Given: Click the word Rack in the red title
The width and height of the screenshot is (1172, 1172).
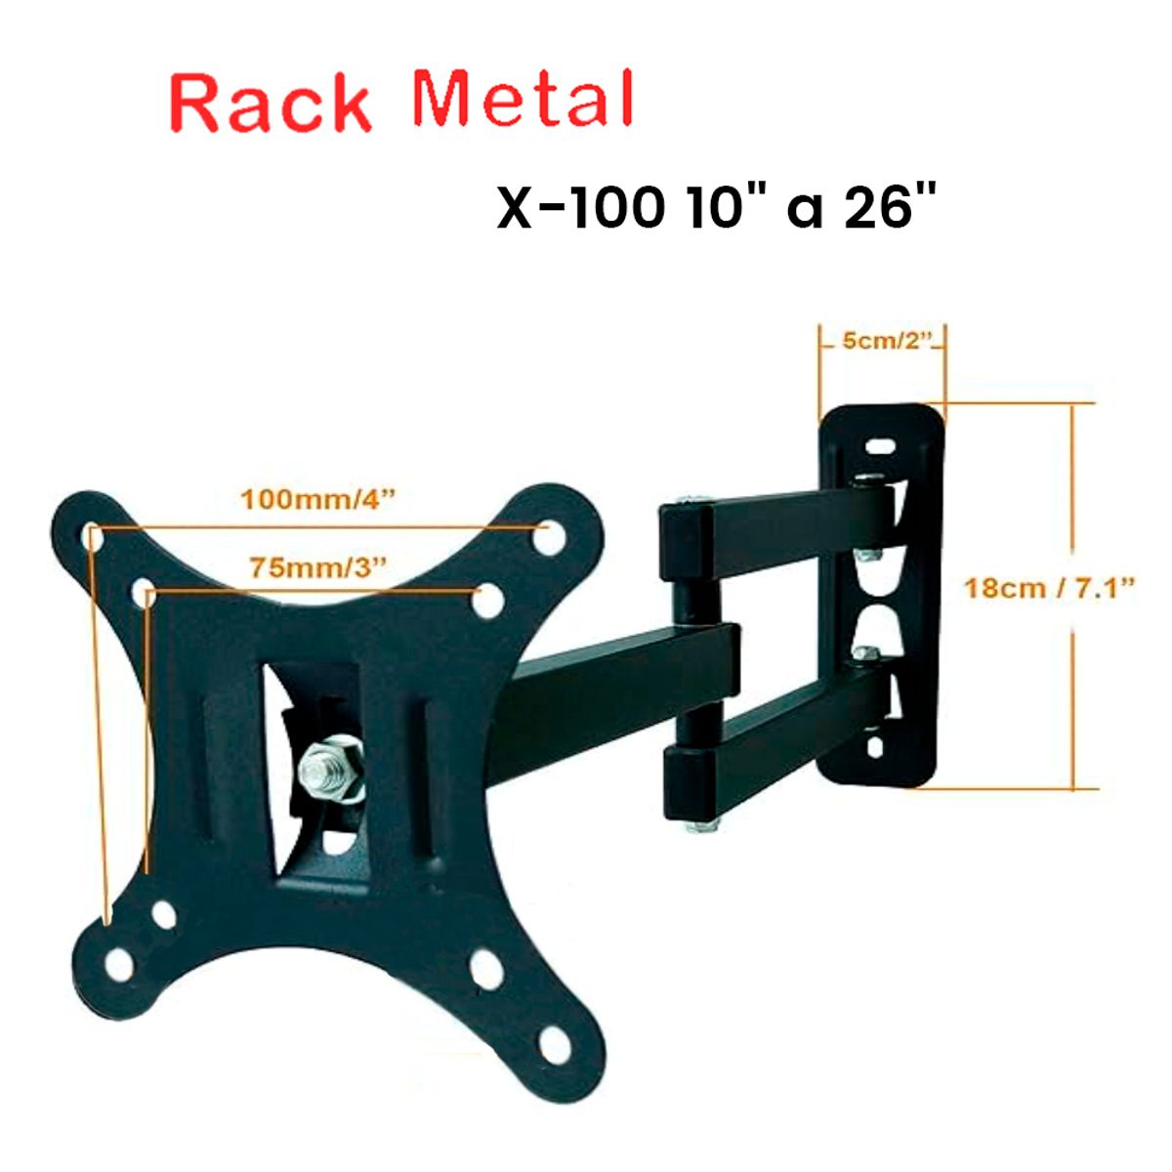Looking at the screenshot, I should coord(272,103).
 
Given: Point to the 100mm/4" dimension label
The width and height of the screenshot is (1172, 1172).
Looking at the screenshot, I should coord(319,499).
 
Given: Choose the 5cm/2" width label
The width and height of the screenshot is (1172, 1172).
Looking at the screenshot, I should coord(884,341).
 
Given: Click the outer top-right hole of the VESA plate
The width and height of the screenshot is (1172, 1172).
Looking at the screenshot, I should coord(549,534).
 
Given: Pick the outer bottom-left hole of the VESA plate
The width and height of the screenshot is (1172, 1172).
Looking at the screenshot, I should coord(118,961).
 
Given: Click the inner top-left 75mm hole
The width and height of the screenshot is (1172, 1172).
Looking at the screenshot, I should coord(144,593).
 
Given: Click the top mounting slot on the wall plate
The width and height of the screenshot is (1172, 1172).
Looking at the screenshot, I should coord(882,445).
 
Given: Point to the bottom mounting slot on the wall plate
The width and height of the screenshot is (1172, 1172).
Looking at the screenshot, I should coord(875,746).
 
